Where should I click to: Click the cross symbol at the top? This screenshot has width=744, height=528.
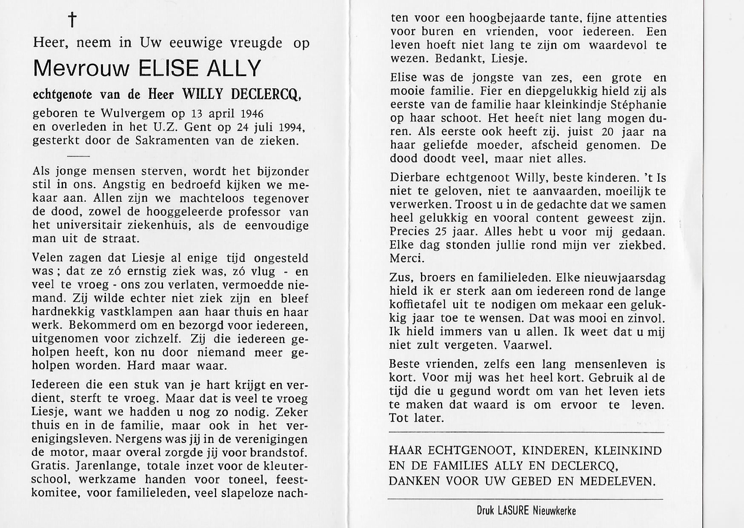click(72, 20)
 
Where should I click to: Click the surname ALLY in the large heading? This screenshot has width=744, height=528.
click(233, 68)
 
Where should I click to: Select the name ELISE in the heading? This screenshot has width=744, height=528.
click(168, 68)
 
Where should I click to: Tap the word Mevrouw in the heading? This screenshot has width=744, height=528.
click(81, 68)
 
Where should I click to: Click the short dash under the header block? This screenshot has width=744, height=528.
click(78, 156)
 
